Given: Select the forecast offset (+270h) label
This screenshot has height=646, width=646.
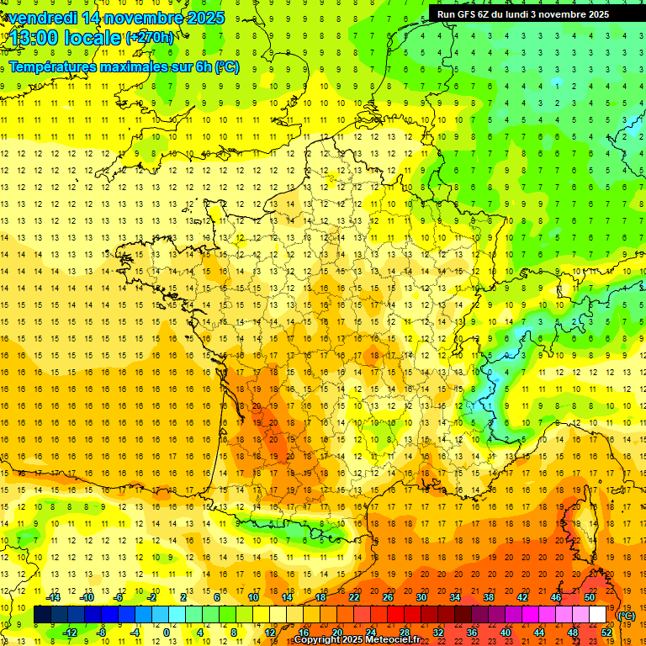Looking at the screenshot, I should pos(150,37).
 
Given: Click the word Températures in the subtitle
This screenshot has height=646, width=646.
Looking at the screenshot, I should pos(50,67).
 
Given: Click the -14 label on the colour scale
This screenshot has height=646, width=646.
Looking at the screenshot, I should pos(53,597).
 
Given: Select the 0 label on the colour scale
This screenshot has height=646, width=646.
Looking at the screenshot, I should pos(167,632).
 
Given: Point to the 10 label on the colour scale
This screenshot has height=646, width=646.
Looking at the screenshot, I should pos(252,597).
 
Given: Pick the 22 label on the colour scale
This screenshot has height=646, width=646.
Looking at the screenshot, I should pos(354,597).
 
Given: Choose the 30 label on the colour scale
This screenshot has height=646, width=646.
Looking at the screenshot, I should pos(421,597).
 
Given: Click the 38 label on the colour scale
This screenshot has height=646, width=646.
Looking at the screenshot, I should pos(489,597).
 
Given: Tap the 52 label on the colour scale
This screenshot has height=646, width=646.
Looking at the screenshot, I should pos(606,632).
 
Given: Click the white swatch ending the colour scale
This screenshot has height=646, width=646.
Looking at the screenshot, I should pos(598,615).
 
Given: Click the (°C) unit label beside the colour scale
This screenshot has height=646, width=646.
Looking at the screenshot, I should pos(626,616).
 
